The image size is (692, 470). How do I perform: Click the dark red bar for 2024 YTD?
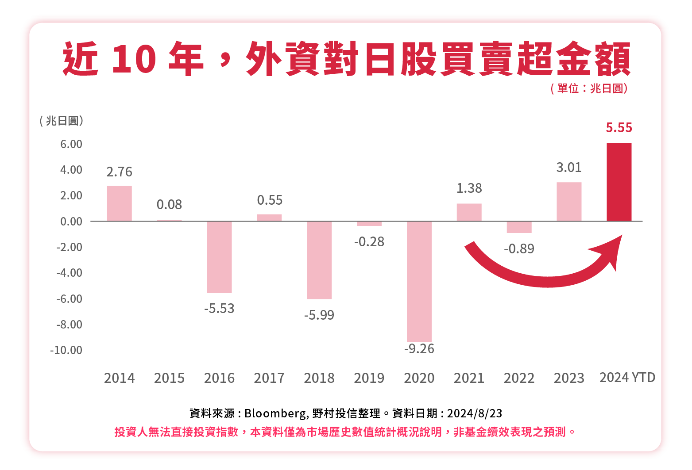[619, 182]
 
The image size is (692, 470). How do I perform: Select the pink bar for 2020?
[419, 281]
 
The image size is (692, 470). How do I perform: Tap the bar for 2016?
[219, 257]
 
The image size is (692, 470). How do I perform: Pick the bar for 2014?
[119, 203]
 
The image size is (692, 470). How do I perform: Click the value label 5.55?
[619, 128]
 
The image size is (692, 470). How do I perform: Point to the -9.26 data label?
[419, 349]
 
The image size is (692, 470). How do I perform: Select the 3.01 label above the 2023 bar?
[568, 168]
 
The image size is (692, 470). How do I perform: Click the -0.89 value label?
[519, 249]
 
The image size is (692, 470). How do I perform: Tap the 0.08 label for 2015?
[169, 205]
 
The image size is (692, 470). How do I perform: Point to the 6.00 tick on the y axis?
[71, 144]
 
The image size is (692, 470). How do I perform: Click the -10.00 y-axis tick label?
[66, 350]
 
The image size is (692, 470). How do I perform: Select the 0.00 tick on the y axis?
[71, 222]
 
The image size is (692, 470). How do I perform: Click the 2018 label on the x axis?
[319, 378]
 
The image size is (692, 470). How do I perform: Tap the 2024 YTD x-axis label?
[627, 378]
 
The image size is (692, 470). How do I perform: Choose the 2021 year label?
[469, 378]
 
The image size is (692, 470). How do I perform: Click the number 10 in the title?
[133, 59]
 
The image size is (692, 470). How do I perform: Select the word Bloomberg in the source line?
[274, 413]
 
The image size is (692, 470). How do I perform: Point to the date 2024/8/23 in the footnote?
[474, 413]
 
